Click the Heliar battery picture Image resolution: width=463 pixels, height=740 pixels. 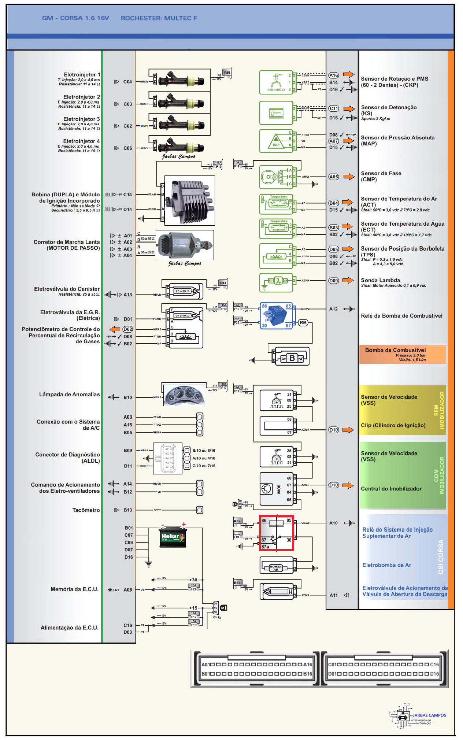point(173,537)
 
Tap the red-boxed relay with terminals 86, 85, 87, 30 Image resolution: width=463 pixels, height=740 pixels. point(277,533)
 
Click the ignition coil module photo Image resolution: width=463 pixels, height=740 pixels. point(189,200)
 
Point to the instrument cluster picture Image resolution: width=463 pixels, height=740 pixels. point(184,395)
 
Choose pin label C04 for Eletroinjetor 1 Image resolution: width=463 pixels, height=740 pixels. point(127,82)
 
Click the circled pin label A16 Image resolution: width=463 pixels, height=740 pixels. point(333,75)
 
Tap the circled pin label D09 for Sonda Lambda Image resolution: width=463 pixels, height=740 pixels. point(333,281)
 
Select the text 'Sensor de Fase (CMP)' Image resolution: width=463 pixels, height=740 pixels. point(381,176)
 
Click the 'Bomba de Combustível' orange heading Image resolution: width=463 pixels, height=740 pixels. point(395,350)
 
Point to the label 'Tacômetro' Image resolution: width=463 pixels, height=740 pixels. point(86,510)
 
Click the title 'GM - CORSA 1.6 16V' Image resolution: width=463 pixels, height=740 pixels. point(75,18)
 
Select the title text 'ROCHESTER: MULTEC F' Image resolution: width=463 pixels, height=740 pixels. point(159,18)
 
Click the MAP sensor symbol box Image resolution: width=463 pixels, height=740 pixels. point(276,141)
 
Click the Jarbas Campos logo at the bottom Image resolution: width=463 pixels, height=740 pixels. point(418,716)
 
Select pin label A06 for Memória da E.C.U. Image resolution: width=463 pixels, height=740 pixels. point(127,590)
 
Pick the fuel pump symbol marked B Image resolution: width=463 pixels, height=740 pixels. point(292,358)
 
